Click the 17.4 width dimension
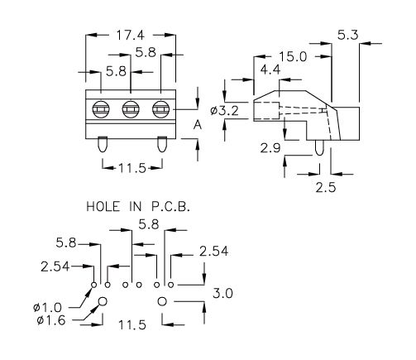(x=130, y=35)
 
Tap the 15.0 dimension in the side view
(x=293, y=57)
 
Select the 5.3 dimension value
(x=348, y=35)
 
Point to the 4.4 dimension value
(x=270, y=70)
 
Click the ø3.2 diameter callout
(x=224, y=111)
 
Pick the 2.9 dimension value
(x=270, y=148)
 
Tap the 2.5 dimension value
(x=326, y=188)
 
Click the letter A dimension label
(x=198, y=125)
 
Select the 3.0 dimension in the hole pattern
(x=222, y=293)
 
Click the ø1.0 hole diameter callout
(x=47, y=307)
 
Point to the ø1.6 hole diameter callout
(x=51, y=320)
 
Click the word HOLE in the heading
(x=103, y=206)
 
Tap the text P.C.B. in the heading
(x=170, y=206)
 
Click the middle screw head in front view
(x=131, y=109)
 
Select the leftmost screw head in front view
(x=101, y=109)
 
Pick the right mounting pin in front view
(x=161, y=144)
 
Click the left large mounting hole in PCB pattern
(x=103, y=301)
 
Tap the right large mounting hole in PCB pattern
(x=162, y=301)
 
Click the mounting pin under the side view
(x=319, y=147)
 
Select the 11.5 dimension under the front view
(x=132, y=168)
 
